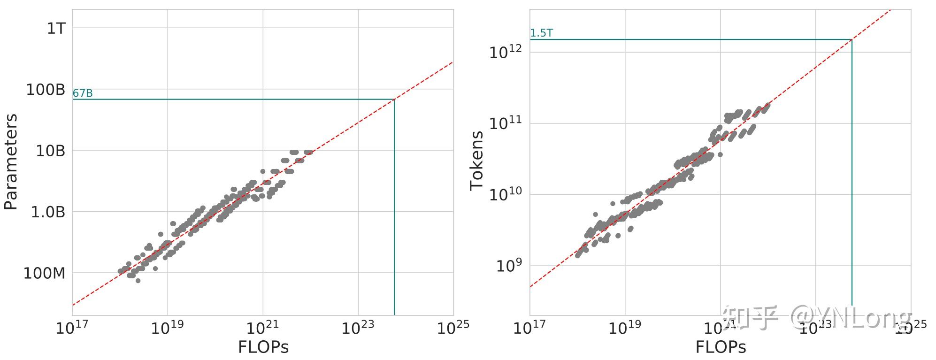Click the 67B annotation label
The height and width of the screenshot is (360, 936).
coord(83,93)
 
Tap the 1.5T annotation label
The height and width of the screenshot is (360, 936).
coord(541,33)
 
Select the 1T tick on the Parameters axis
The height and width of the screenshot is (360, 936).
coord(56,29)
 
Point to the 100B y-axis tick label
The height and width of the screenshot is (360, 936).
coord(45,90)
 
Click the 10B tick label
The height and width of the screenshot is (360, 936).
coord(50,151)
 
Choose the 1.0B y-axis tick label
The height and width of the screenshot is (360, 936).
coord(48,212)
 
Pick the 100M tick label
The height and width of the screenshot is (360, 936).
coord(44,273)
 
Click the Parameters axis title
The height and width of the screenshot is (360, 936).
coord(10,161)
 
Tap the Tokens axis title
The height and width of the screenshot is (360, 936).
coord(476,161)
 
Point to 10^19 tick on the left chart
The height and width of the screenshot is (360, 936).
coord(168,327)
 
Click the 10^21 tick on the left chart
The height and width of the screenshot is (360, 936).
coord(263,327)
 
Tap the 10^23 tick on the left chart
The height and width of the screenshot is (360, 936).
coord(358,327)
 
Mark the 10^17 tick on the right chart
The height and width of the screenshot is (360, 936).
coord(529,327)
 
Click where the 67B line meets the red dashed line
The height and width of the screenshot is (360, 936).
coord(394,99)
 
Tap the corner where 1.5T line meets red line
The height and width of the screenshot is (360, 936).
coord(852,39)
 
